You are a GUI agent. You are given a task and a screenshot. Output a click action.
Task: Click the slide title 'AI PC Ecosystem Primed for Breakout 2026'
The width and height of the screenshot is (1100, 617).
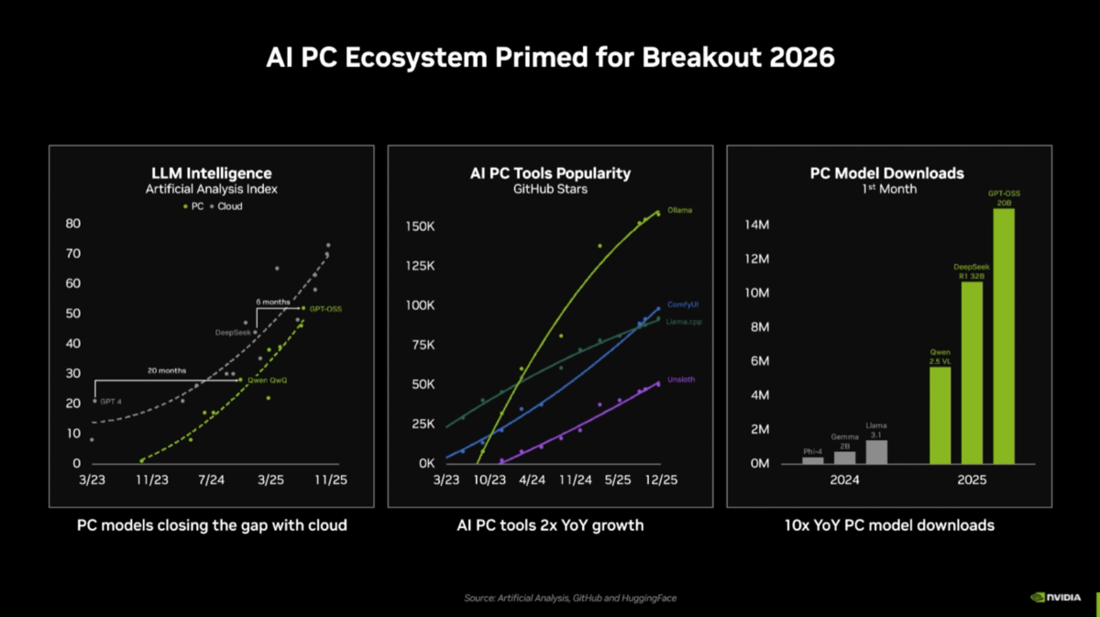tap(550, 57)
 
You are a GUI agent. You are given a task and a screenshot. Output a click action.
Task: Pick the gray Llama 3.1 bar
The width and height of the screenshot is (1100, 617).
tap(876, 452)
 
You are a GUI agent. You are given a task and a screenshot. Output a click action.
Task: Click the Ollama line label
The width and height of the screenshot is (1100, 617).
tap(679, 210)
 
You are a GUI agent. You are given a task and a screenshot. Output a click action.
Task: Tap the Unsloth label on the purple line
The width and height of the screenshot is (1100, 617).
tap(680, 379)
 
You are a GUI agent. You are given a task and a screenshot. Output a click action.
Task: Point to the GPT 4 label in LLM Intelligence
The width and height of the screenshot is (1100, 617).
tap(110, 402)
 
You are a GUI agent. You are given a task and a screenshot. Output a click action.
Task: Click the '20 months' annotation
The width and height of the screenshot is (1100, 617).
tap(168, 370)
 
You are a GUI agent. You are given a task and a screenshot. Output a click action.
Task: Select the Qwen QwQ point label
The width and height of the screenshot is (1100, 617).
tap(268, 380)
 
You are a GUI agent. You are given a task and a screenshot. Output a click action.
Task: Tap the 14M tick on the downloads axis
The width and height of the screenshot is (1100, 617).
tap(756, 225)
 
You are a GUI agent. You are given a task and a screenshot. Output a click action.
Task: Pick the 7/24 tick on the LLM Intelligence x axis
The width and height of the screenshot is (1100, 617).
tap(211, 479)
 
